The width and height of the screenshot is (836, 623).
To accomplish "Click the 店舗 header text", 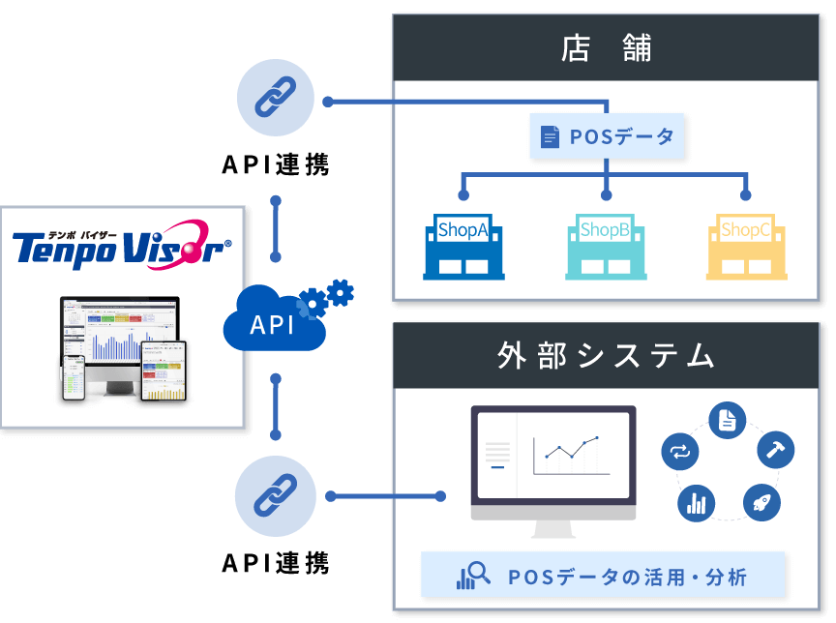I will [606, 48].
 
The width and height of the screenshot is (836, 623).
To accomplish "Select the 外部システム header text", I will [606, 356].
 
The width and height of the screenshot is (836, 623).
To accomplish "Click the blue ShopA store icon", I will [463, 247].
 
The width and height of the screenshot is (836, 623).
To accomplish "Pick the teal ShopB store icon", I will [605, 247].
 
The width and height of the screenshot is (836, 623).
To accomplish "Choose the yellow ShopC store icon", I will [746, 247].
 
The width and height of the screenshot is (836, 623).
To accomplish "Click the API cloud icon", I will [274, 325].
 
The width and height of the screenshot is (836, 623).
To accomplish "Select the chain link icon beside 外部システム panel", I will [276, 496].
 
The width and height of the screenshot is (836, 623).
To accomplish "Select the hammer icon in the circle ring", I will [776, 449].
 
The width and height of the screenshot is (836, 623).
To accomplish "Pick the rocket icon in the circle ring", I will [761, 502].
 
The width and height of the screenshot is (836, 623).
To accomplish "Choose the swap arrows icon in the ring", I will [679, 450].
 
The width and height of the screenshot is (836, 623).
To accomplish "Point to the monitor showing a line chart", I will [552, 465].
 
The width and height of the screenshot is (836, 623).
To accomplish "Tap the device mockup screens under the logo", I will [123, 349].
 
